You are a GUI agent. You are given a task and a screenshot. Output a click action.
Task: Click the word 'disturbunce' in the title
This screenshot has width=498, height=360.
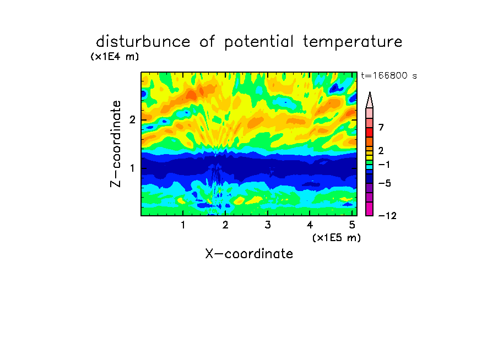pyautogui.click(x=143, y=42)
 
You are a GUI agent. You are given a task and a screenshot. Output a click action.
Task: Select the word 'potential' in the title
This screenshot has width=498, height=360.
pyautogui.click(x=259, y=42)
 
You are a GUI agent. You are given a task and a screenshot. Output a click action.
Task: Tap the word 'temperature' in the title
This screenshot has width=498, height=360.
pyautogui.click(x=353, y=42)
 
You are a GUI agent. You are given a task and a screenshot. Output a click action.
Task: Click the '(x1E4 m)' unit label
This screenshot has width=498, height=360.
pyautogui.click(x=115, y=57)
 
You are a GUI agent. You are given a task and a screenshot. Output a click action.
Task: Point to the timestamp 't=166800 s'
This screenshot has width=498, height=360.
pyautogui.click(x=389, y=75)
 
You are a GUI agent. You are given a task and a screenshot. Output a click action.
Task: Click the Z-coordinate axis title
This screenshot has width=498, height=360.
pyautogui.click(x=116, y=144)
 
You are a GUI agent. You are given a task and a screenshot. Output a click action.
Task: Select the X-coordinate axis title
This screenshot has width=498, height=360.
pyautogui.click(x=249, y=254)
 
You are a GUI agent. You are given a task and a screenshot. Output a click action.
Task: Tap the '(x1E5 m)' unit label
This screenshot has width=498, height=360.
pyautogui.click(x=337, y=238)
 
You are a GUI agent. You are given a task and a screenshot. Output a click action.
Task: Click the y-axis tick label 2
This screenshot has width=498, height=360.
pyautogui.click(x=132, y=120)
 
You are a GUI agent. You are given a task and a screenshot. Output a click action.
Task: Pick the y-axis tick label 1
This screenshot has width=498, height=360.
pyautogui.click(x=132, y=168)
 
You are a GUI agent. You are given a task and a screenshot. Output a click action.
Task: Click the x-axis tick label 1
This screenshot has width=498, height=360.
pyautogui.click(x=183, y=225)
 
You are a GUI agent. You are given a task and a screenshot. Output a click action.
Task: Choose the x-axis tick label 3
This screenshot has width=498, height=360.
pyautogui.click(x=268, y=225)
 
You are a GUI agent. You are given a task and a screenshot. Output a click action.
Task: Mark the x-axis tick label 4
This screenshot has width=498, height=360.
pyautogui.click(x=310, y=225)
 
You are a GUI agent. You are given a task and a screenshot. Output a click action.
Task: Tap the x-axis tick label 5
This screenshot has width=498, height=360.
pyautogui.click(x=352, y=225)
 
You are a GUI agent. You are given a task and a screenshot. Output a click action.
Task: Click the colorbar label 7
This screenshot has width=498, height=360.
pyautogui.click(x=381, y=127)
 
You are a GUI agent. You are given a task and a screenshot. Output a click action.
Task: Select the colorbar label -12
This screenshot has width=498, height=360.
pyautogui.click(x=387, y=216)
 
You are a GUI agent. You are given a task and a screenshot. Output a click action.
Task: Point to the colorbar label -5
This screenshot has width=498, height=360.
pyautogui.click(x=385, y=183)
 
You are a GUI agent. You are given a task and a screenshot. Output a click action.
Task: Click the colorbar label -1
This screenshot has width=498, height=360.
pyautogui.click(x=384, y=165)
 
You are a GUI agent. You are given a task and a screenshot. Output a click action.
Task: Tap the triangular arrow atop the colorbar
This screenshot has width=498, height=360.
pyautogui.click(x=370, y=100)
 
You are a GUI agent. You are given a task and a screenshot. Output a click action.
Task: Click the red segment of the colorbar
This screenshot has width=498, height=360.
pyautogui.click(x=370, y=132)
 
